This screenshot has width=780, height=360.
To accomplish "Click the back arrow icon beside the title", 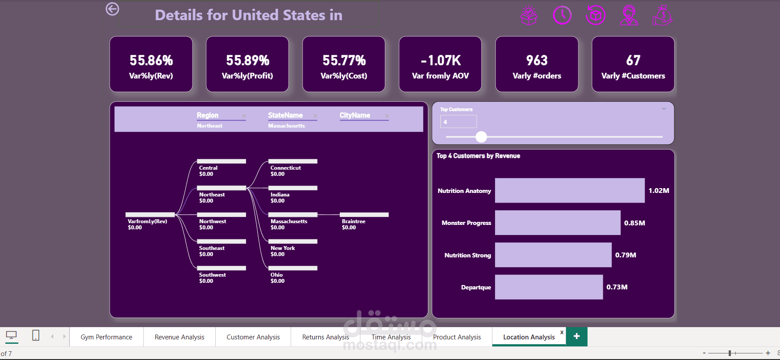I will coord(112,9).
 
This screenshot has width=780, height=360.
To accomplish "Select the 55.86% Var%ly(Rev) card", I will coord(151,64).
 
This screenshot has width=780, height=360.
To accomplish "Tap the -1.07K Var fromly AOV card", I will coord(440,64).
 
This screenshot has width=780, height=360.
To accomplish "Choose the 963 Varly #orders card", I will coord(537,64).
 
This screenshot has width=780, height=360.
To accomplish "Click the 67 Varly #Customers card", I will coord(633,64).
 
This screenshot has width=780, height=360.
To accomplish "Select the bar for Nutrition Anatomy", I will coord(570,191).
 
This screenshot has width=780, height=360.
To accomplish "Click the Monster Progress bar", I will coord(557,223).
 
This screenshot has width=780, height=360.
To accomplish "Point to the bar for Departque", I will coord(548,287).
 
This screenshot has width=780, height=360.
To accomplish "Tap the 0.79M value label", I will coord(626,255).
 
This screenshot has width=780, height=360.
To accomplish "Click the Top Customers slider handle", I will coord(481,137).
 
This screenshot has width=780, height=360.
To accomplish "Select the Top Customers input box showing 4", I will coord(458,122).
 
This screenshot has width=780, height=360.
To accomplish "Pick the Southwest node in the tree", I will coord(221,268).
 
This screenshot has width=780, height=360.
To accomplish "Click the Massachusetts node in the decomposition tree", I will coord(293,215).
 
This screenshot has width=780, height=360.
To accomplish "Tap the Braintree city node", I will coord(364,215).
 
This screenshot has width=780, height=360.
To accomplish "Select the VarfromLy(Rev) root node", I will coord(150,215).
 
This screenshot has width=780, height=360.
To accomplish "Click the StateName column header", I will coord(285,115).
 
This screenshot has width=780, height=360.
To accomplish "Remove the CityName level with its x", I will coord(387,116).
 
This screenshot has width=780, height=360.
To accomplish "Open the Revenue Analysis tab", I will coord(179,337).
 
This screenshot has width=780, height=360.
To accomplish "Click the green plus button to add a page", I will coord(577,336).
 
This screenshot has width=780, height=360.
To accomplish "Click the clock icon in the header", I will coord(562,15).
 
